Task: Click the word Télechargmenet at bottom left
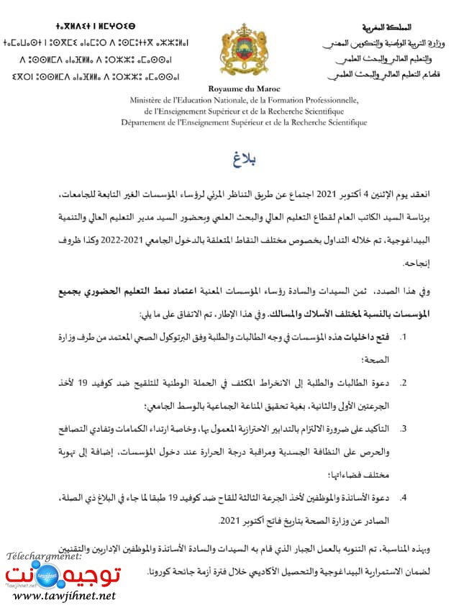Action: click(x=43, y=556)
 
